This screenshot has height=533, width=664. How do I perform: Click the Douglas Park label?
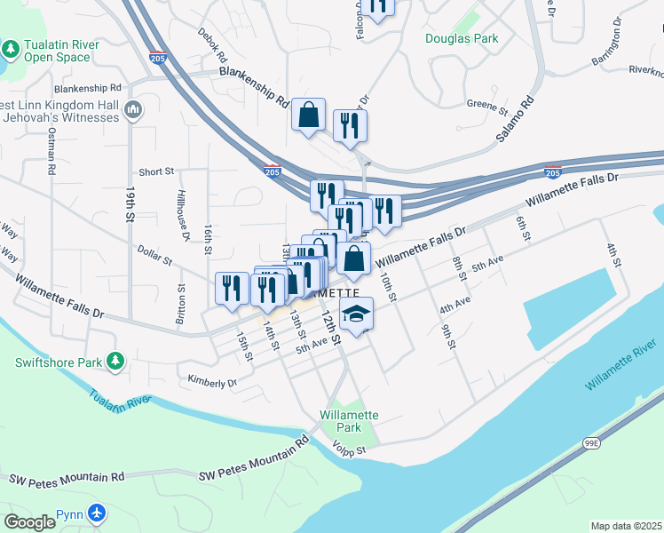click(x=462, y=38)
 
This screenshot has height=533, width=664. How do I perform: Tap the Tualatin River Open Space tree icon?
click(x=11, y=46)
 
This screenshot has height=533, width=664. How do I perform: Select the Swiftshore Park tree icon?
click(x=114, y=362)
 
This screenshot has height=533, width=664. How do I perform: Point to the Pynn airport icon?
click(x=97, y=513)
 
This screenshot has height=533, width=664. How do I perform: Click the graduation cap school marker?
click(x=356, y=314)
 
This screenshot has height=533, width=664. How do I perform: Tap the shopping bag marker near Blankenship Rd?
click(x=308, y=116)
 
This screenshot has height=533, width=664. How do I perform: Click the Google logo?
click(x=29, y=522)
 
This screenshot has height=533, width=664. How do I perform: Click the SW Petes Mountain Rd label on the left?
click(x=66, y=479)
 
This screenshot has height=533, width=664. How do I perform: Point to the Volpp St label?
click(x=349, y=451)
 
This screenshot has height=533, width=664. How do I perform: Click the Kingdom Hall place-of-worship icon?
click(x=134, y=110)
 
